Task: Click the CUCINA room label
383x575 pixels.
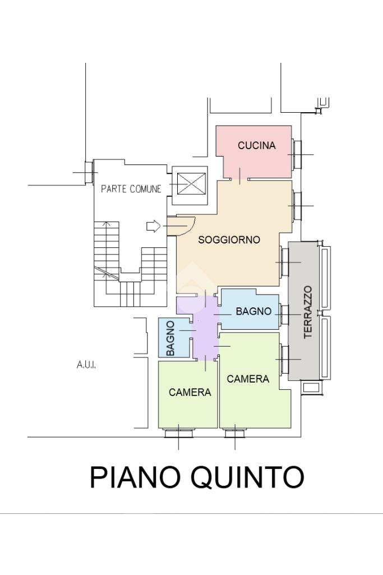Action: [257, 146]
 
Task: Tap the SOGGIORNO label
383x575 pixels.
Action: [229, 240]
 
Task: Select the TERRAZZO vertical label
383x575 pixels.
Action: [308, 312]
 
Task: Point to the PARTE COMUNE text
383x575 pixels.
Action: [131, 189]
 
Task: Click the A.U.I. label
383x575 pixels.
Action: [86, 365]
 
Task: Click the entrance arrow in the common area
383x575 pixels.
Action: [153, 226]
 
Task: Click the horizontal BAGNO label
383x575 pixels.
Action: [253, 311]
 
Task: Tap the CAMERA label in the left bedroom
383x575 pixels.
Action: [190, 393]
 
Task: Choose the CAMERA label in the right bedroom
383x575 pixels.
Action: [248, 379]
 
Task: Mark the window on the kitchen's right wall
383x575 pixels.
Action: [297, 154]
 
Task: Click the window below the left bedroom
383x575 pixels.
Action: [178, 433]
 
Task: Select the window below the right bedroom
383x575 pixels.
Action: [234, 433]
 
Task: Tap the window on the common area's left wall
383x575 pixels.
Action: [89, 172]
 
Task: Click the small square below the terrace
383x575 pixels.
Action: [310, 388]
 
